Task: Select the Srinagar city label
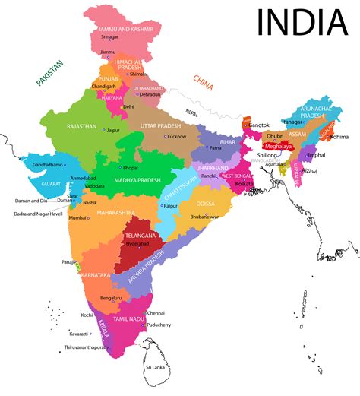click(x=109, y=36)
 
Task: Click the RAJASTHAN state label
click(x=81, y=125)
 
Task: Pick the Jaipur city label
click(x=114, y=130)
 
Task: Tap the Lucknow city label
click(x=177, y=136)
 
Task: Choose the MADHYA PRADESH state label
click(x=138, y=180)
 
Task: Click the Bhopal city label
click(x=130, y=166)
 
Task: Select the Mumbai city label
click(x=77, y=218)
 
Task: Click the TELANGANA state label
click(x=140, y=236)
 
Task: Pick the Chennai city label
click(x=156, y=312)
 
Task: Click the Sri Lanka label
click(x=155, y=367)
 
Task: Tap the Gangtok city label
click(x=260, y=124)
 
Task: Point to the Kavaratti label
click(x=79, y=334)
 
